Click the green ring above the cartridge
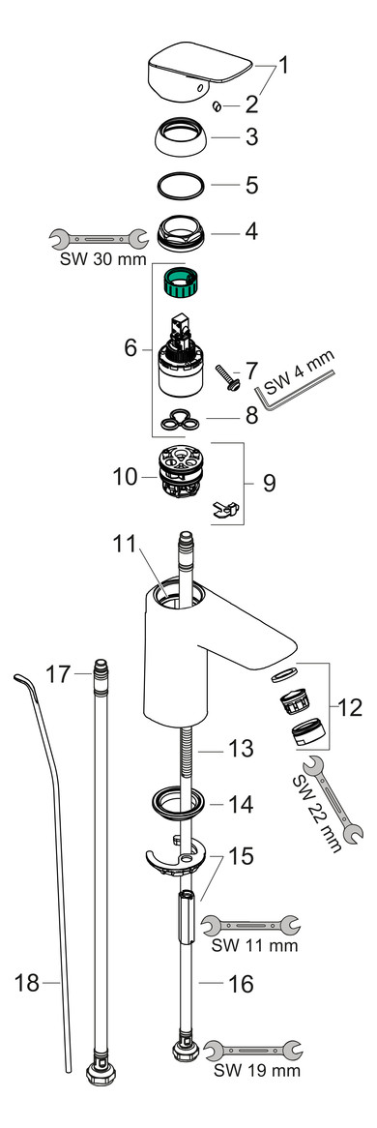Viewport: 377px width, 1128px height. (186, 282)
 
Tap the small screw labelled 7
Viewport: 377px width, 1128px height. (227, 377)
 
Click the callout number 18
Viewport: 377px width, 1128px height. (27, 982)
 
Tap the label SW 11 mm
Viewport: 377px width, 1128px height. (254, 944)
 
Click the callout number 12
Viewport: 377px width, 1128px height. (350, 708)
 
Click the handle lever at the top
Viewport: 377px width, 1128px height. (198, 72)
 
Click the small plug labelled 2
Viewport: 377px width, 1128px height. (218, 106)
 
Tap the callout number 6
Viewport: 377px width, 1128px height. (130, 348)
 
